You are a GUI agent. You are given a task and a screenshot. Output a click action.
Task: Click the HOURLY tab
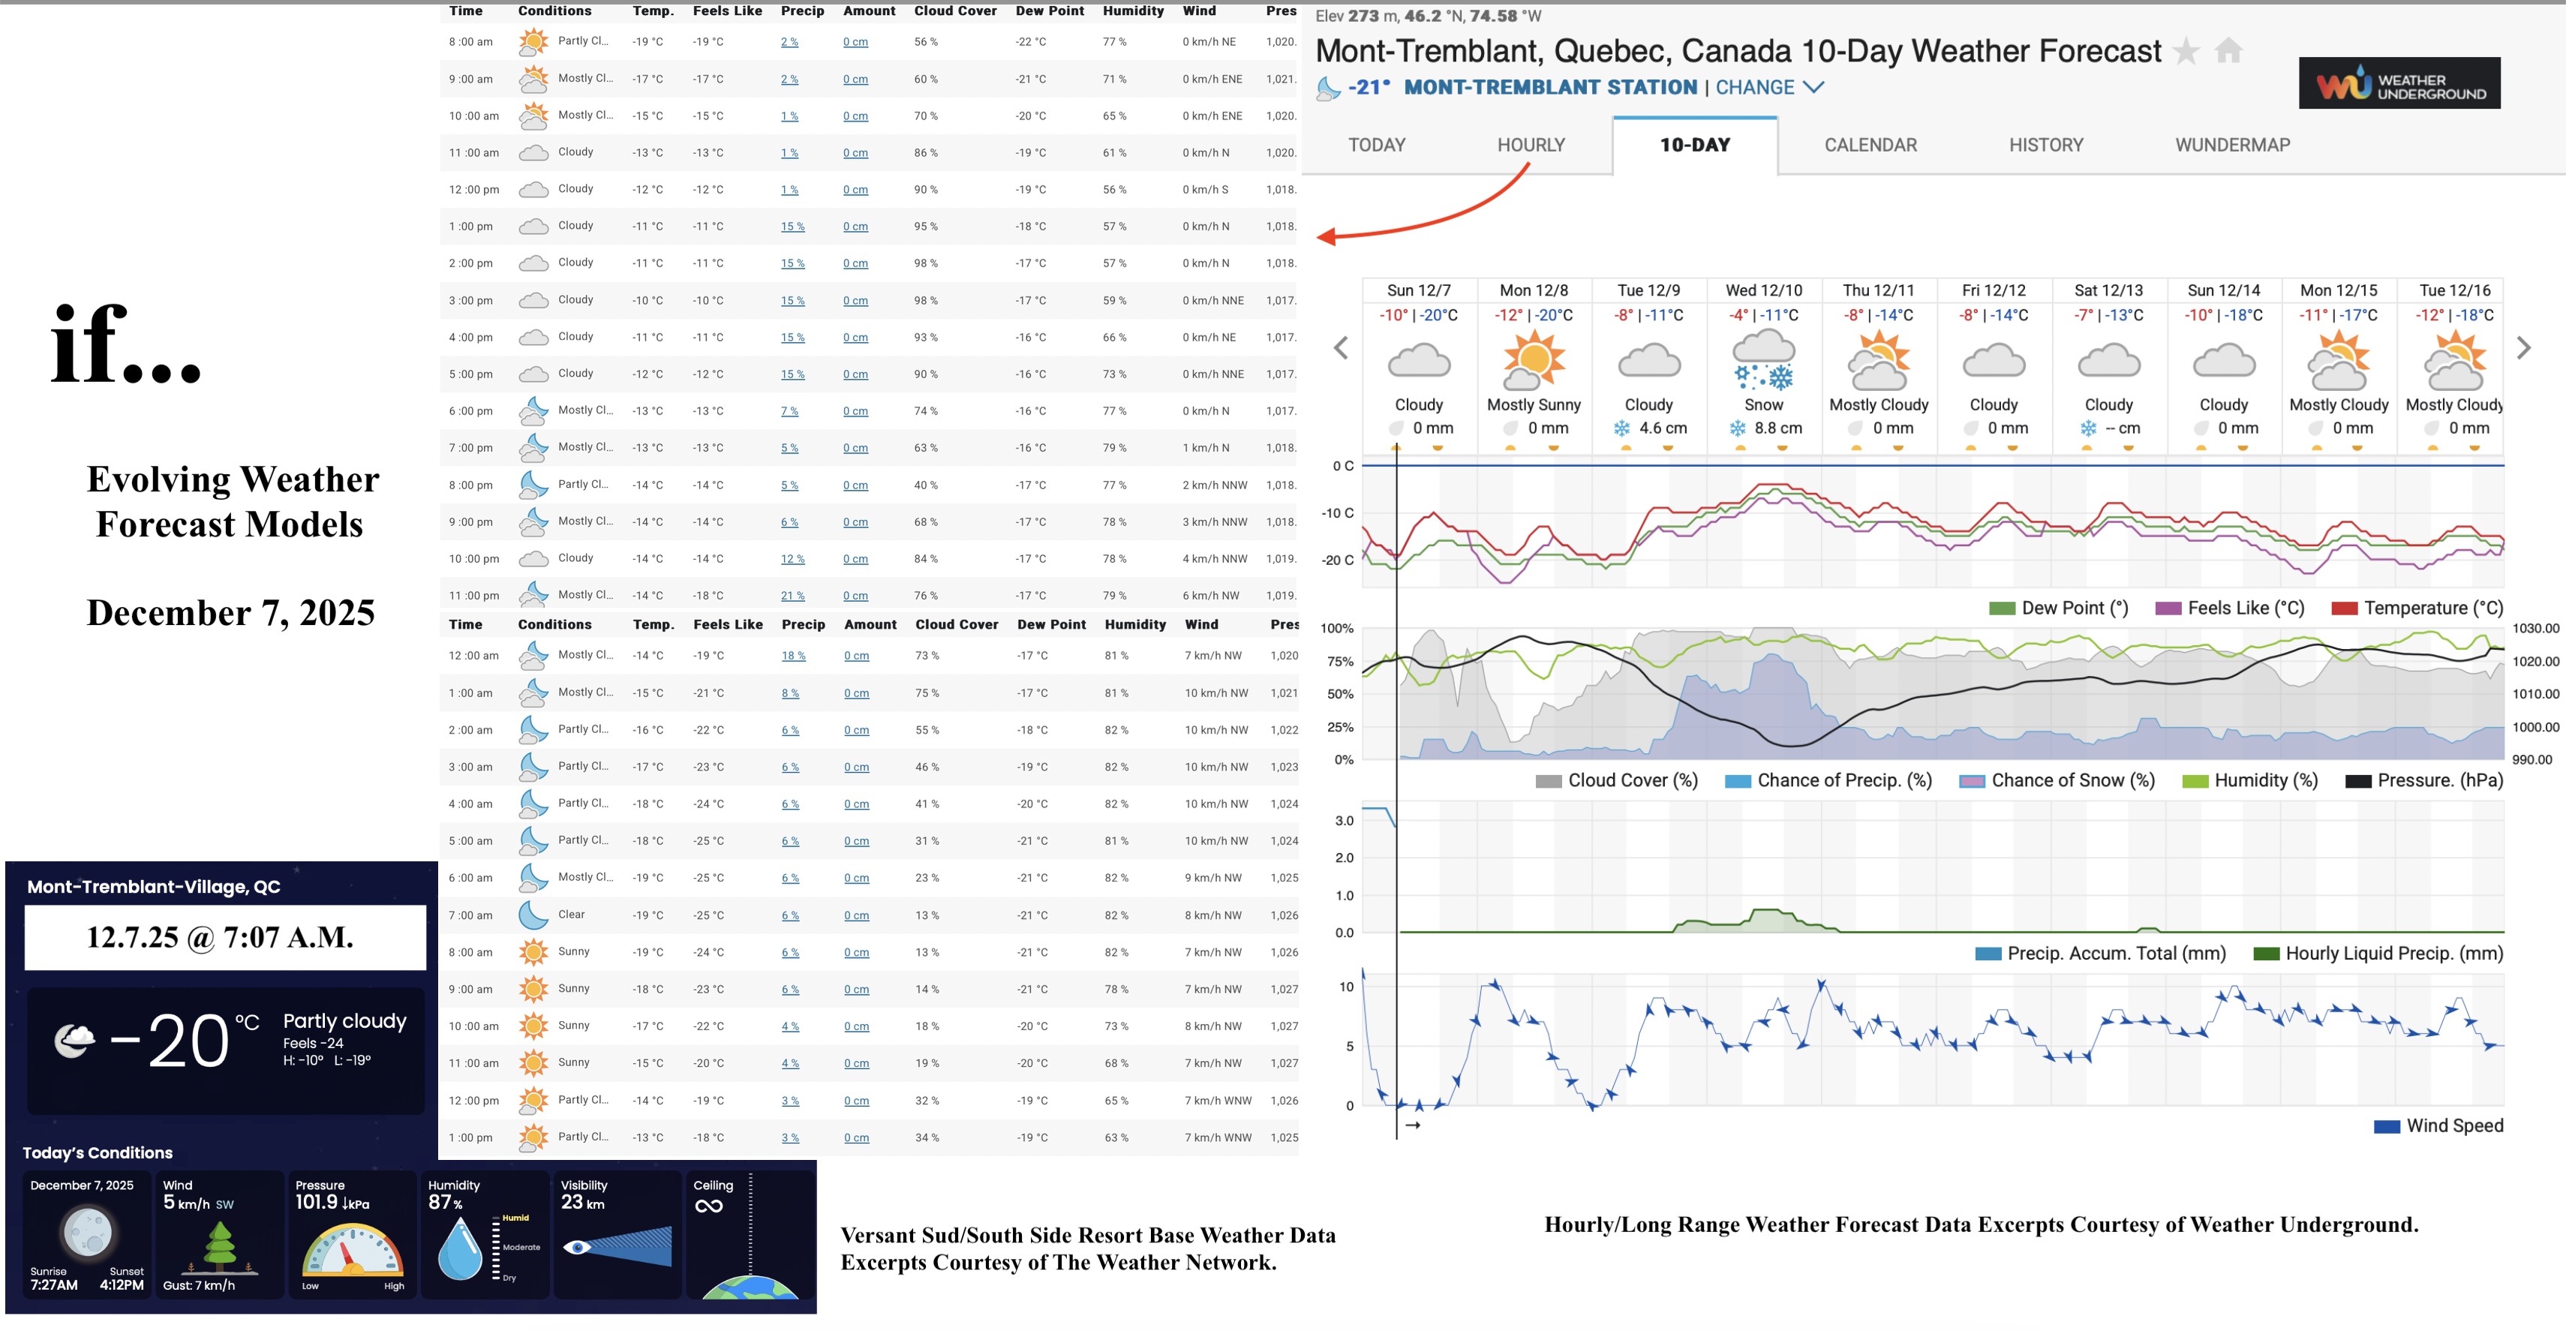coord(1531,146)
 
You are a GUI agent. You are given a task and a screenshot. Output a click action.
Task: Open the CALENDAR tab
coord(1870,146)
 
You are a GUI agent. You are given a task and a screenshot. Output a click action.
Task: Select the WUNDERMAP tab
coord(2231,146)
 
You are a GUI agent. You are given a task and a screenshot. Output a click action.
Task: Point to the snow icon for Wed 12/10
coord(1763,362)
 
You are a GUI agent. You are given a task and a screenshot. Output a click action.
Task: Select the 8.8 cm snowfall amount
coord(1777,428)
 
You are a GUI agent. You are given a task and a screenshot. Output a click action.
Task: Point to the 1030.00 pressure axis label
coord(2534,629)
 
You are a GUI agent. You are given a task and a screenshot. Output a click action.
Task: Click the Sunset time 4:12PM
coord(122,1285)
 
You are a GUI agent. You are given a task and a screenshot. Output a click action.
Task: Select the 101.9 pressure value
coord(316,1203)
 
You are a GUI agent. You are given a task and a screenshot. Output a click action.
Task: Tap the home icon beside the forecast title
coord(2228,51)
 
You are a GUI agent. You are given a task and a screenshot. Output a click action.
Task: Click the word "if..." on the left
coord(125,346)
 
